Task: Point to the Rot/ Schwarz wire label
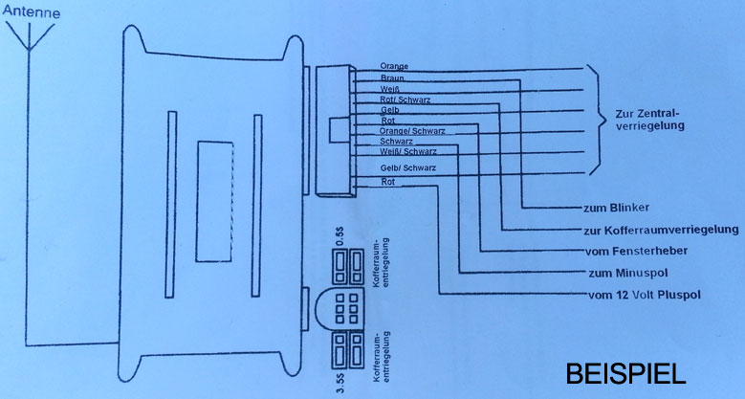404,100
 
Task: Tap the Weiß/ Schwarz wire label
408,152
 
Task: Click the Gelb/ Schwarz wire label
408,169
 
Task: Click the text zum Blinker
616,208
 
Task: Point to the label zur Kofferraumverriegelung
660,230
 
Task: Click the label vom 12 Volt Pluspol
641,294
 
